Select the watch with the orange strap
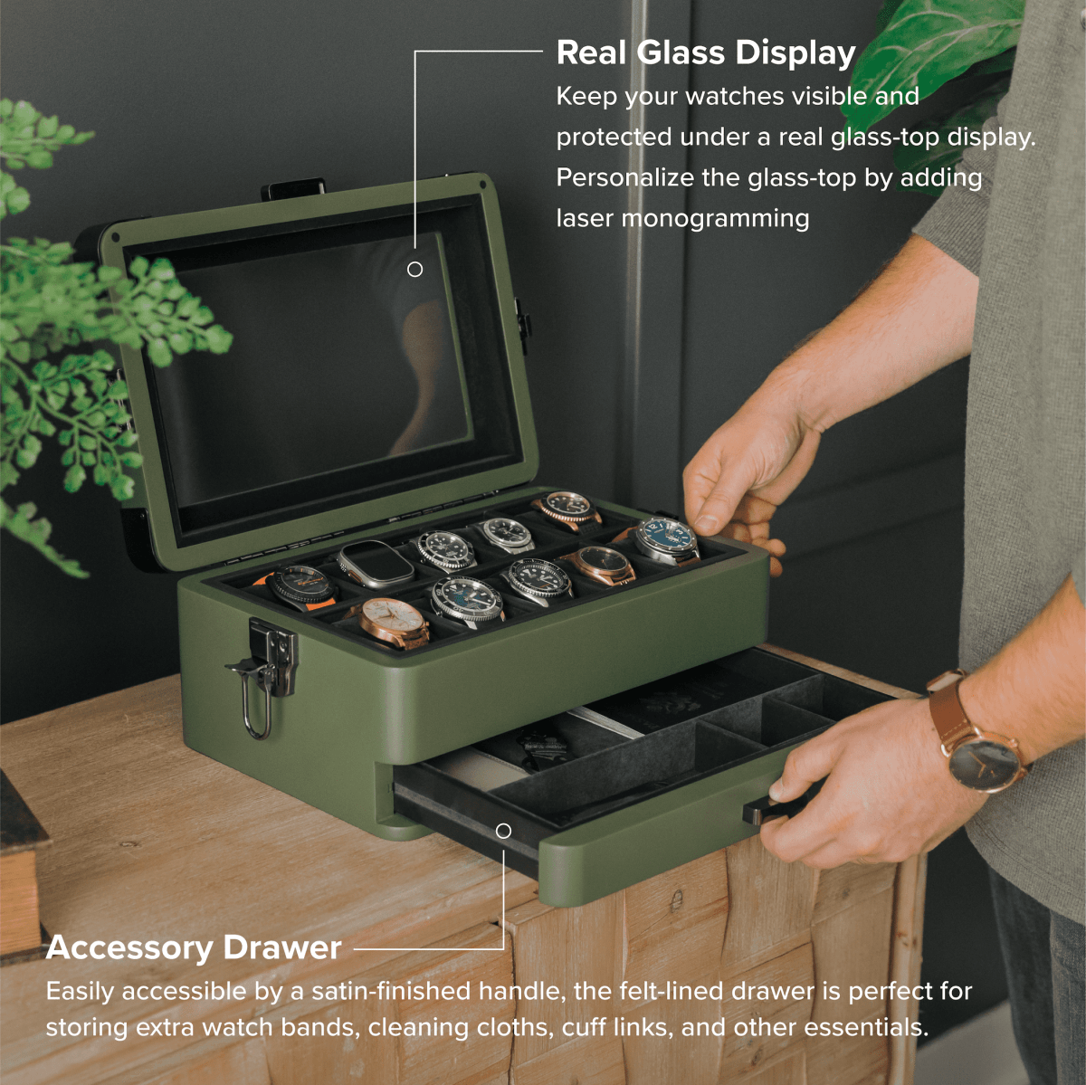coord(299,588)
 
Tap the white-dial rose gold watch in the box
coord(395,622)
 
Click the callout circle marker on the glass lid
coord(415,270)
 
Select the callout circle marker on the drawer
coord(504,831)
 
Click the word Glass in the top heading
coord(681,52)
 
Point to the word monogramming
coord(715,218)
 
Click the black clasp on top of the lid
coord(293,189)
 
